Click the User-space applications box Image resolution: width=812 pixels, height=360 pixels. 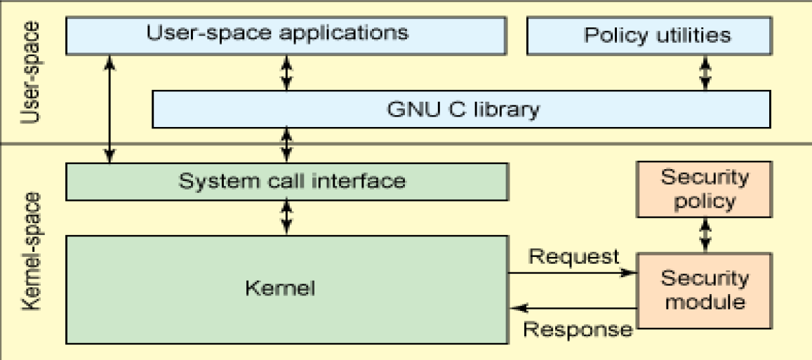[x=286, y=34]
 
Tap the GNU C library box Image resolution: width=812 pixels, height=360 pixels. [x=461, y=109]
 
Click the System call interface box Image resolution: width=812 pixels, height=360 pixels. [x=286, y=181]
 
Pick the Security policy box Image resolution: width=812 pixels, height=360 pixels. [x=704, y=189]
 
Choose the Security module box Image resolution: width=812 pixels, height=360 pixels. [x=704, y=290]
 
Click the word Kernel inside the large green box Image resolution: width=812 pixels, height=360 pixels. [x=281, y=288]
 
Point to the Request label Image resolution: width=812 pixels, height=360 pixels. [x=573, y=256]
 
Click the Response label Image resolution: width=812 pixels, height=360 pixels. [x=578, y=328]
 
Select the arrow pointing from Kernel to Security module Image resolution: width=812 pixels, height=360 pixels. [x=572, y=273]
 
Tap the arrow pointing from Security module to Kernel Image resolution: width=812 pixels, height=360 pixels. [x=572, y=307]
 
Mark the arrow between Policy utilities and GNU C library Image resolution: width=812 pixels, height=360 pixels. [x=705, y=72]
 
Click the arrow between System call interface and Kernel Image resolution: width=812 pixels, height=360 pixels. [x=286, y=217]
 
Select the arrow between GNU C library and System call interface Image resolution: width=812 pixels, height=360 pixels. [x=286, y=145]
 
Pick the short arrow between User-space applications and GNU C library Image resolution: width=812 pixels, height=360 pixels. [x=286, y=72]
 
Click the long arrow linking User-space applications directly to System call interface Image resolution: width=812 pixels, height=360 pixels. [x=109, y=109]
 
